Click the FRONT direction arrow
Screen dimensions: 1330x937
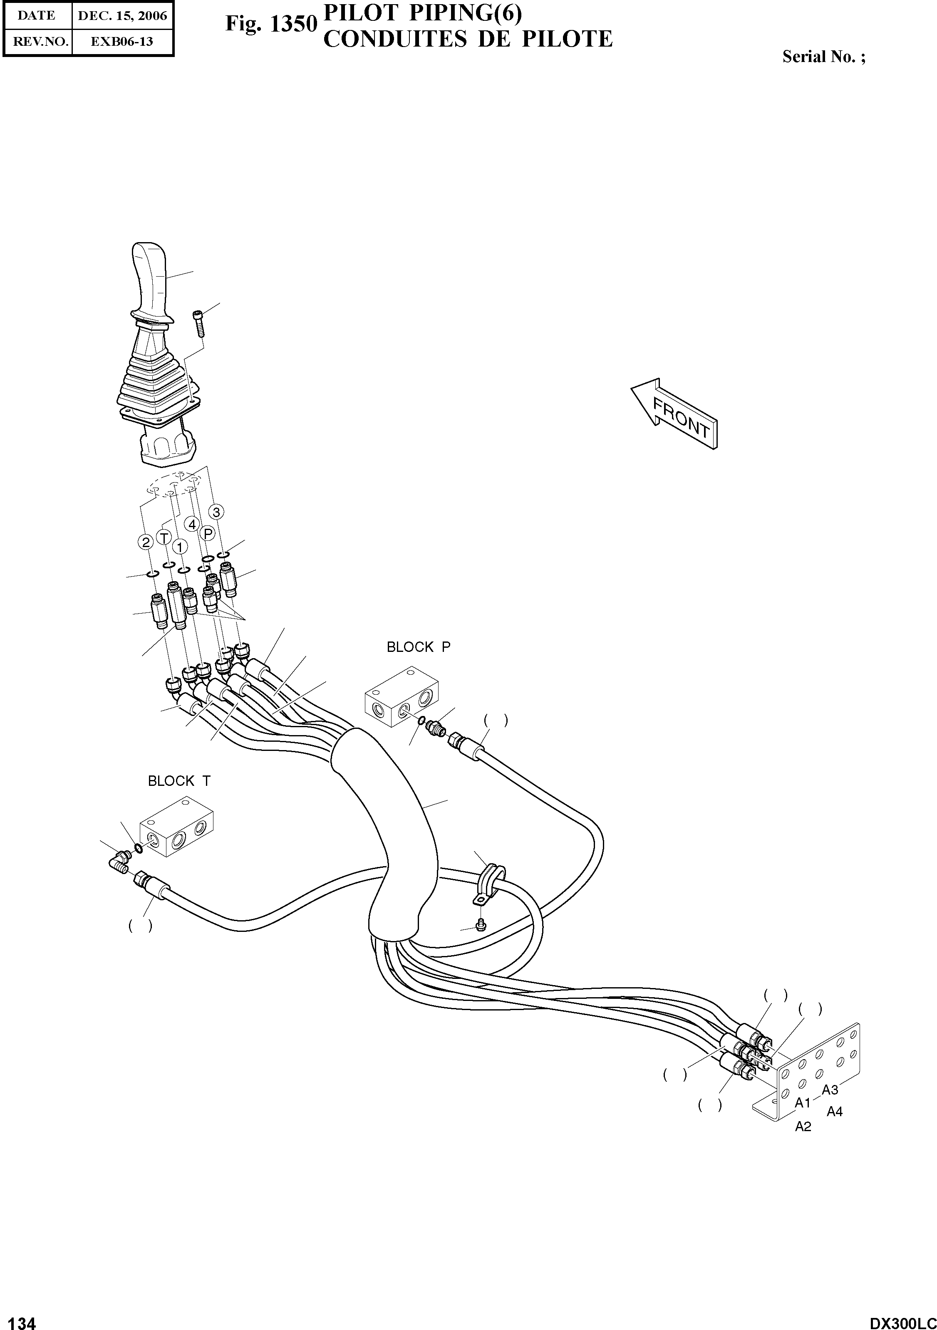point(674,413)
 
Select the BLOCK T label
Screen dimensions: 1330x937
point(179,781)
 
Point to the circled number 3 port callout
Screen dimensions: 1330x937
point(216,512)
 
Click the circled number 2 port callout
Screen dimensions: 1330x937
point(145,542)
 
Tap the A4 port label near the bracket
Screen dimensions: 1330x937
point(834,1112)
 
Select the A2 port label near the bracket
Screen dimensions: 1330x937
point(803,1127)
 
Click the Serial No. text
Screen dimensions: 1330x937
point(823,57)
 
